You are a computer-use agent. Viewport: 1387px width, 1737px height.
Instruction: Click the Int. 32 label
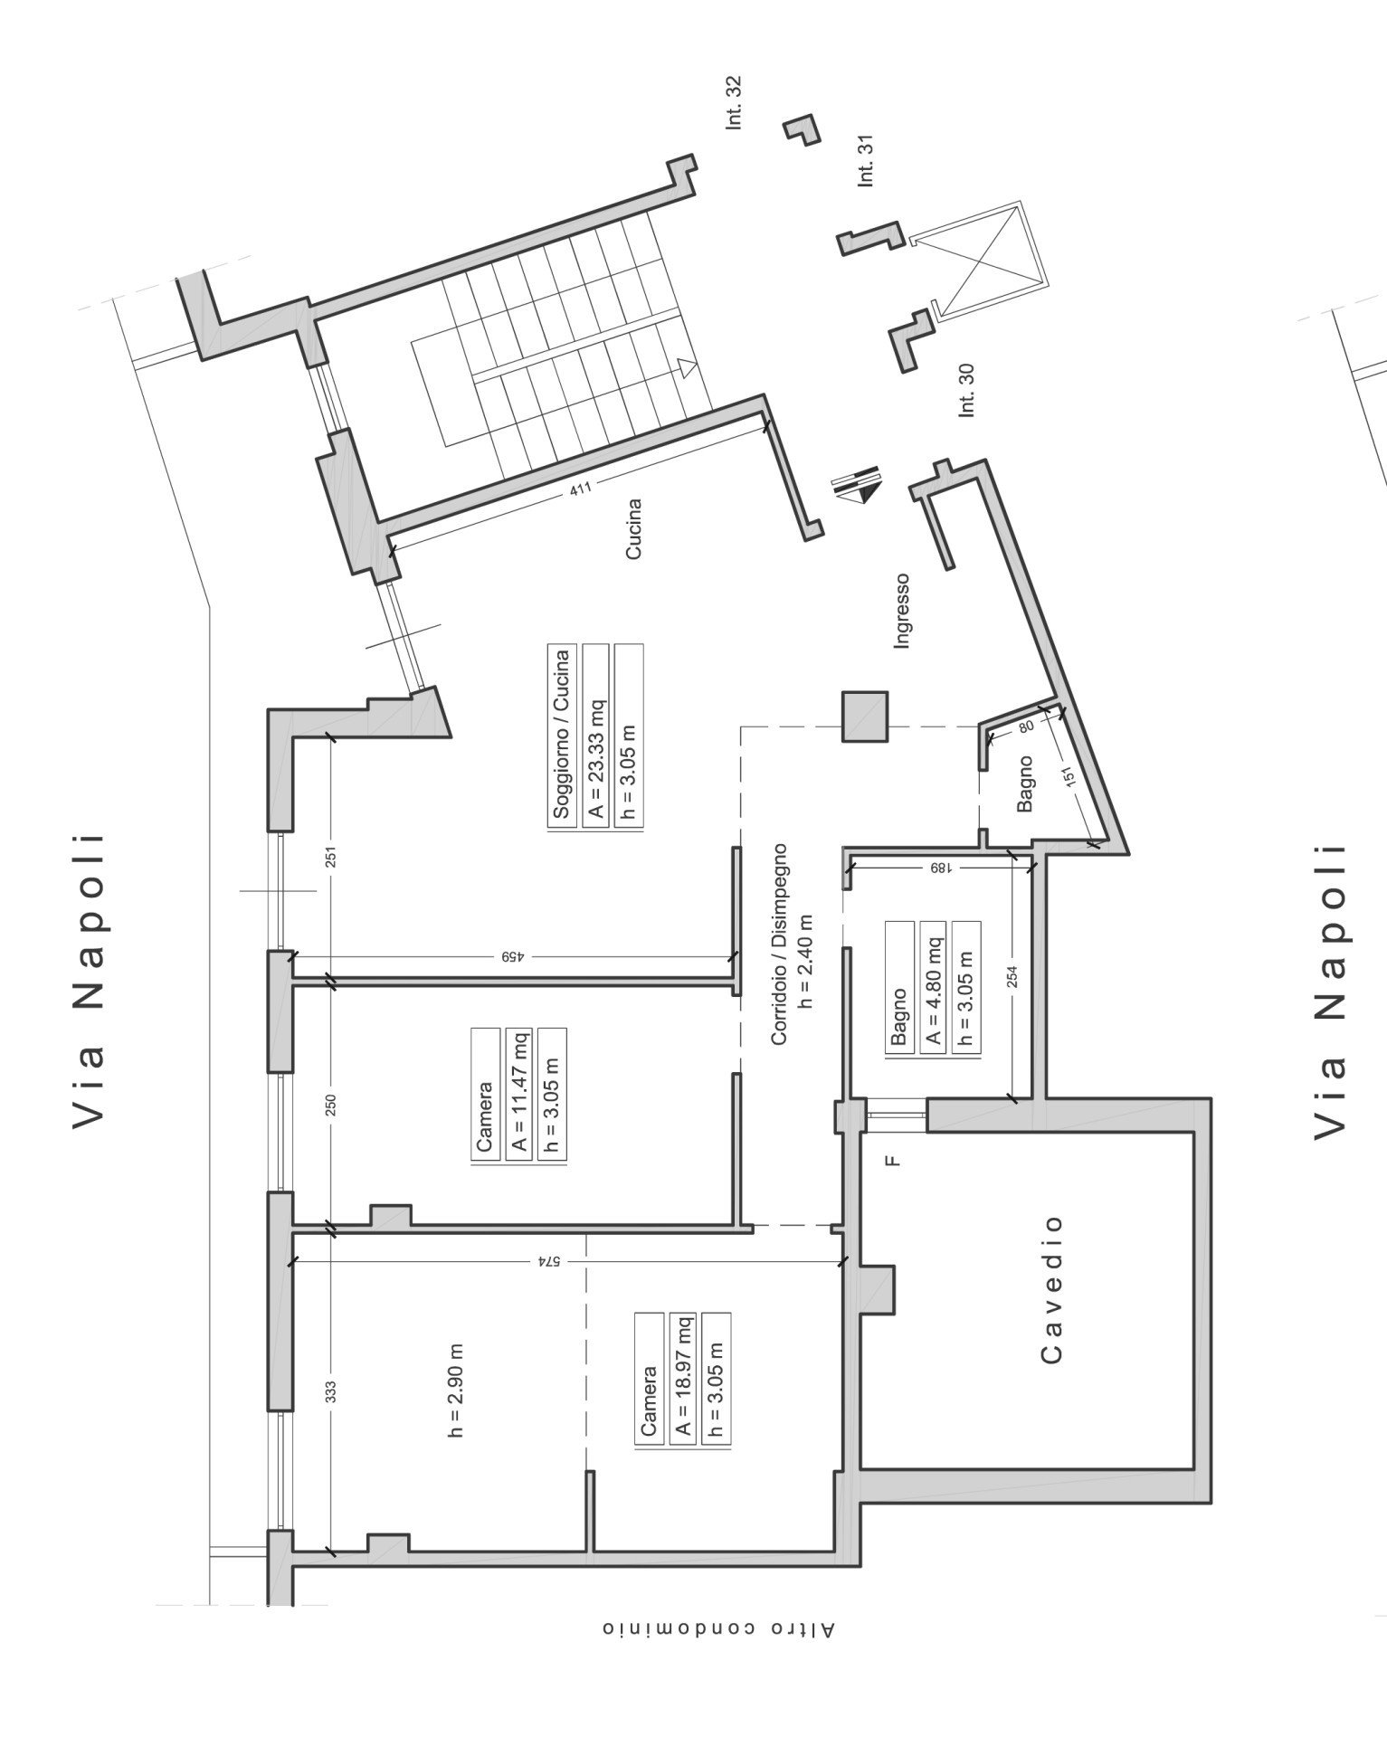[x=734, y=102]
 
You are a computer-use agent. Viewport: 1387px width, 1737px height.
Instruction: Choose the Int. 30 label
[x=967, y=390]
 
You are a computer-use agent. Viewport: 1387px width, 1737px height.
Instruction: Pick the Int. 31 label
[x=866, y=161]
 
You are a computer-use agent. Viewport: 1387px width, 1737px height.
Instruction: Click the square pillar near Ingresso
[x=864, y=716]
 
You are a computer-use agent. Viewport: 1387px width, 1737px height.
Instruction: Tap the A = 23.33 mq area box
[x=596, y=734]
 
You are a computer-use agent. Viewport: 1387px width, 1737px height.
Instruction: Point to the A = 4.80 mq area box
[x=932, y=985]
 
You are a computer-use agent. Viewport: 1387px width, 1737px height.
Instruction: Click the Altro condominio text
[x=719, y=1628]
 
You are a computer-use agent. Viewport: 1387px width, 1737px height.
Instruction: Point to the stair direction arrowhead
[x=689, y=368]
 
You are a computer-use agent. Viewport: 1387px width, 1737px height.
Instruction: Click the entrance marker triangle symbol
[x=857, y=491]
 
